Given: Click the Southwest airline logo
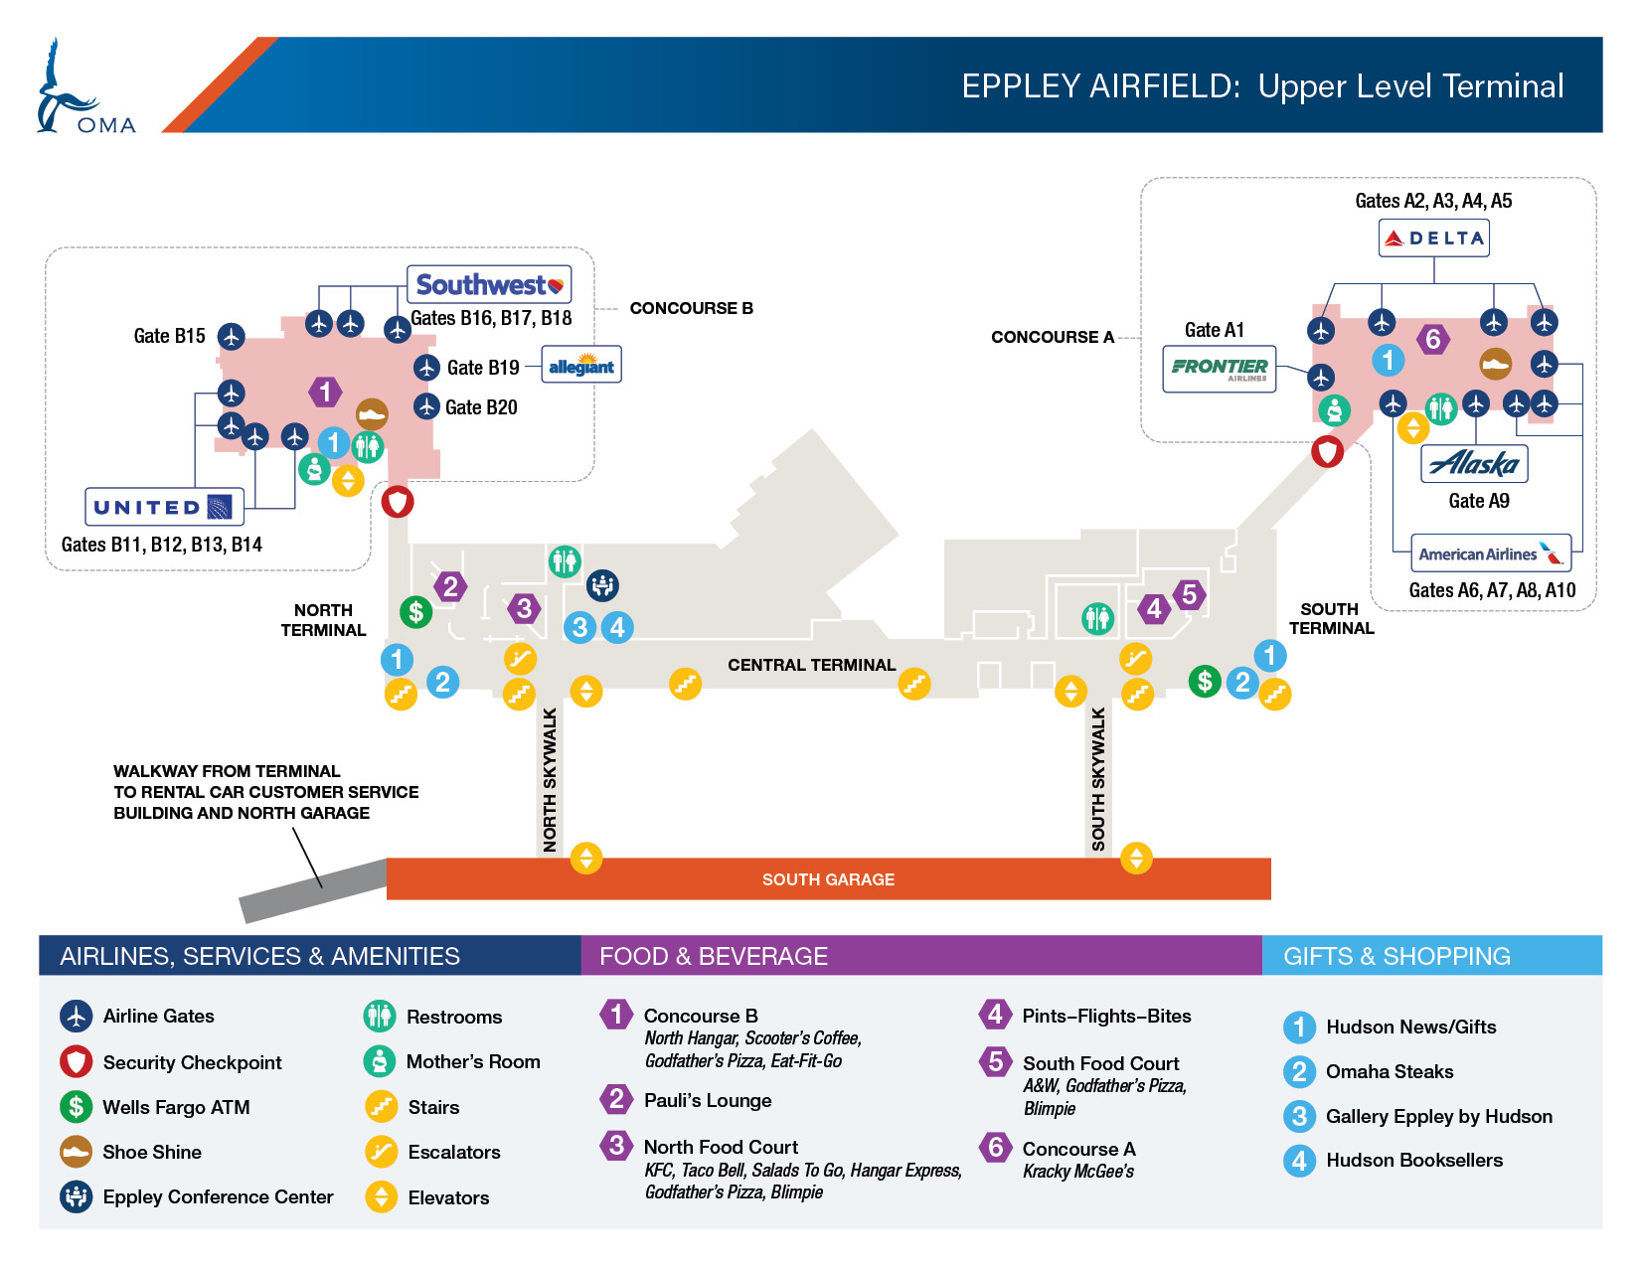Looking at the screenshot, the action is click(489, 284).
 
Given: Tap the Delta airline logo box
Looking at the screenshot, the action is click(1433, 238).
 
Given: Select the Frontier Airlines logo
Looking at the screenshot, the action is click(1219, 369).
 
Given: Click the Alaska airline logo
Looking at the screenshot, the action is click(1474, 463).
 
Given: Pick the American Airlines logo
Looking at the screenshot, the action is click(1491, 554).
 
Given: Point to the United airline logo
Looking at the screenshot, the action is click(164, 507).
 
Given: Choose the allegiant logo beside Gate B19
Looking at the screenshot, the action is click(581, 366).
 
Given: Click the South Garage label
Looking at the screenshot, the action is click(828, 879).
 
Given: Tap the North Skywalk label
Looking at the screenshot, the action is click(550, 779).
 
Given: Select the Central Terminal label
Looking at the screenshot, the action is click(811, 665).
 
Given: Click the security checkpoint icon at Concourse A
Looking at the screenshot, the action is click(1327, 451).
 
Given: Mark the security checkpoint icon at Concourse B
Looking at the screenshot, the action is click(397, 501).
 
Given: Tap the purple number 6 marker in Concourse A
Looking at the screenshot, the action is click(1432, 339).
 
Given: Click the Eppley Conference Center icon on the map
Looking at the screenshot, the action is click(602, 585).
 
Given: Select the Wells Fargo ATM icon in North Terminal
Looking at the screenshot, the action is click(415, 612).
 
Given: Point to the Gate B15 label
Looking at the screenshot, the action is click(169, 336).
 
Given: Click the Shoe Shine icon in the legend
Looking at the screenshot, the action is click(77, 1152).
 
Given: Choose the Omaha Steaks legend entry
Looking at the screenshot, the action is click(1368, 1071).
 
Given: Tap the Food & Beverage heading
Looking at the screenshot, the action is click(714, 956).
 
